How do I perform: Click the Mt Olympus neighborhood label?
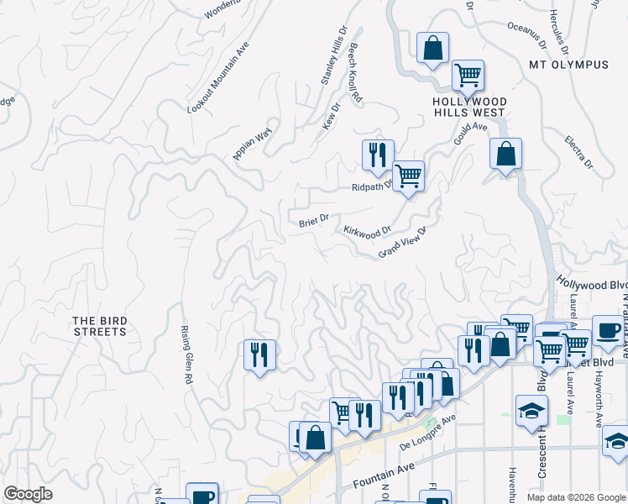568,65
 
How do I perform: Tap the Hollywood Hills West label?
468,107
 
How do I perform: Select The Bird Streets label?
99,326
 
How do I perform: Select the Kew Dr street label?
330,117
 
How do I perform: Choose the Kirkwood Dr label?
367,231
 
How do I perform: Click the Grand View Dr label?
403,243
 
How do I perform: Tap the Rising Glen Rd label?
187,355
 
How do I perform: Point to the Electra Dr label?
578,152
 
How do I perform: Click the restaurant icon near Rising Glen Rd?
259,354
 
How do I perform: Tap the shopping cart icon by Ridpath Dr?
407,176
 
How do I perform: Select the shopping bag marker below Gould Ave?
505,154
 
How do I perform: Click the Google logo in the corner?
28,494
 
